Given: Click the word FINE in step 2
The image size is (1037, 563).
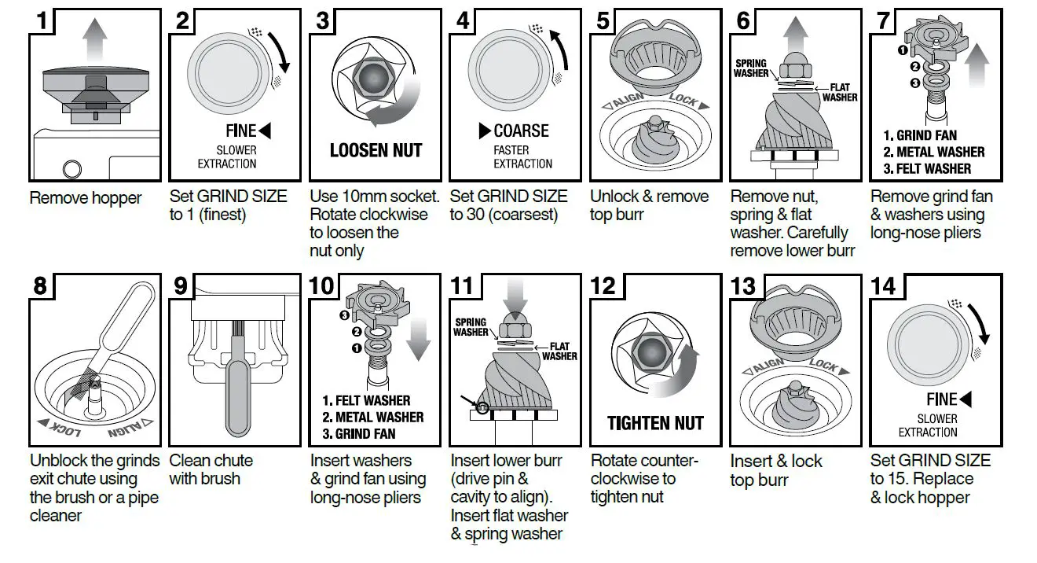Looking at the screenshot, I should tap(240, 131).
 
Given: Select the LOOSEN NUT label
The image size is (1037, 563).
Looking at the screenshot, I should tap(376, 150).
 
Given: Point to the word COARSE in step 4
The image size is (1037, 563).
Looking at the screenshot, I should tap(521, 131).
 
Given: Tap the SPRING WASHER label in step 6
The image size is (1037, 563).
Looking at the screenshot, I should tap(751, 68).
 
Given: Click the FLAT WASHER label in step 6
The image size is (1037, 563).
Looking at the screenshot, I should tap(839, 92).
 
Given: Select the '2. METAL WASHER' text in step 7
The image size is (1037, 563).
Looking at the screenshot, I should tap(933, 152).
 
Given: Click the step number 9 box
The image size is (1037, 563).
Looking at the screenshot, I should tap(181, 285).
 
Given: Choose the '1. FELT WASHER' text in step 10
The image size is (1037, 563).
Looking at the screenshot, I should tap(372, 401).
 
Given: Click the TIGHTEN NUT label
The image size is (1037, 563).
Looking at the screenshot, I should tap(655, 424).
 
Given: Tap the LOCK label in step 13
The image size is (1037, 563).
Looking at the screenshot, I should tap(823, 366).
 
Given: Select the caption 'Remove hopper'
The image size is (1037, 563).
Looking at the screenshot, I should tap(86, 197).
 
